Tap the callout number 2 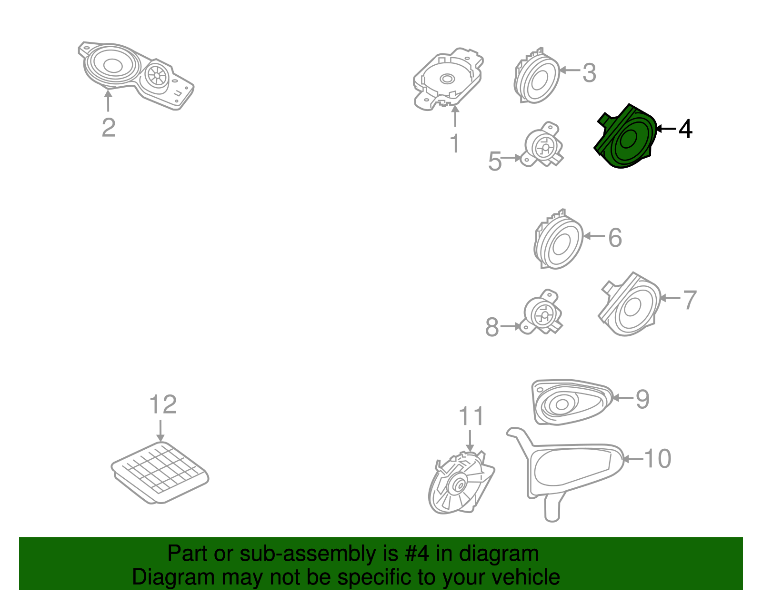click(109, 128)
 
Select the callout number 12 click(163, 404)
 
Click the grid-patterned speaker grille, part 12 click(160, 473)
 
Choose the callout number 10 click(658, 459)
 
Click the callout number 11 click(471, 416)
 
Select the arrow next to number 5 click(511, 158)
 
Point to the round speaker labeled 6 click(558, 239)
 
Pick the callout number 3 click(589, 73)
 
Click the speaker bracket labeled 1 click(448, 79)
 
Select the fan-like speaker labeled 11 click(461, 483)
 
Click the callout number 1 click(455, 143)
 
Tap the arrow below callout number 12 click(160, 431)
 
